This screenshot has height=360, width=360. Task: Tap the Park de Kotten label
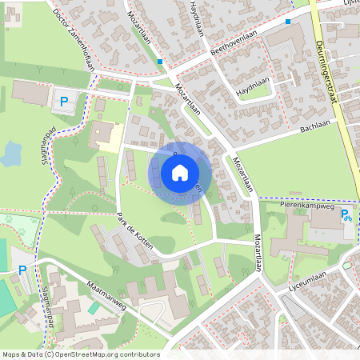(x=134, y=231)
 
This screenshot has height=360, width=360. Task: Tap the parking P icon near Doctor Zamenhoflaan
(x=64, y=102)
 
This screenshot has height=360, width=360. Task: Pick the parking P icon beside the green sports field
(x=22, y=271)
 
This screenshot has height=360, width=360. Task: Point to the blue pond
(x=11, y=152)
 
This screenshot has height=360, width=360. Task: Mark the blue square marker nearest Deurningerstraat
(x=287, y=22)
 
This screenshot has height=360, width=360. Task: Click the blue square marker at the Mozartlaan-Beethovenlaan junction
(x=160, y=61)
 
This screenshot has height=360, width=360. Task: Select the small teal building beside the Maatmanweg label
(x=94, y=307)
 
